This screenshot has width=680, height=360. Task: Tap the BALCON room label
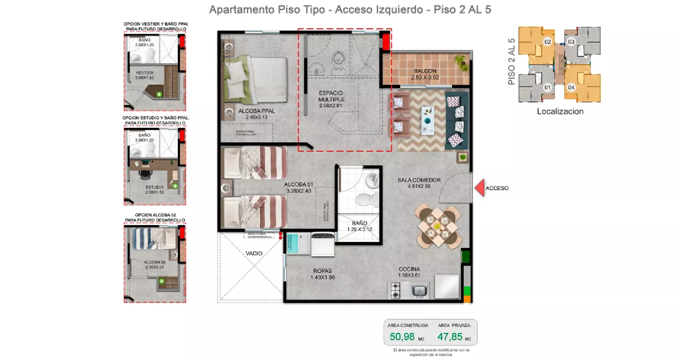(x=425, y=71)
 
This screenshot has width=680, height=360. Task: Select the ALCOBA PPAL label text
(x=256, y=111)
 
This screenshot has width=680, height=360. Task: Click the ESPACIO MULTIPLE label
(x=331, y=96)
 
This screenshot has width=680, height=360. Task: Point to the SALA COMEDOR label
(x=419, y=180)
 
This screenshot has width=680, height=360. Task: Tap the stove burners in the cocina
(x=395, y=290)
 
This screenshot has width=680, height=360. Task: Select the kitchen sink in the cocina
(x=419, y=290)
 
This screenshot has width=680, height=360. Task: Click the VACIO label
(x=254, y=253)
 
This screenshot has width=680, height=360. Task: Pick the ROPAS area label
(x=322, y=271)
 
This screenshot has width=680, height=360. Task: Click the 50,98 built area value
(x=402, y=337)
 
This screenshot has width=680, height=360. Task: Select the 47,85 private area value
(x=450, y=337)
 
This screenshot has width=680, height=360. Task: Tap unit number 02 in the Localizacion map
(x=547, y=42)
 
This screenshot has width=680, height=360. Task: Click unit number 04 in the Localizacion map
(x=571, y=87)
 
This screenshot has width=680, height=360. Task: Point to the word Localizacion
(x=560, y=112)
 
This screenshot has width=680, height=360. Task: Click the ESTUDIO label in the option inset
(x=154, y=187)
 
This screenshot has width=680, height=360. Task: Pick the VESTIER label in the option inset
(x=144, y=73)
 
